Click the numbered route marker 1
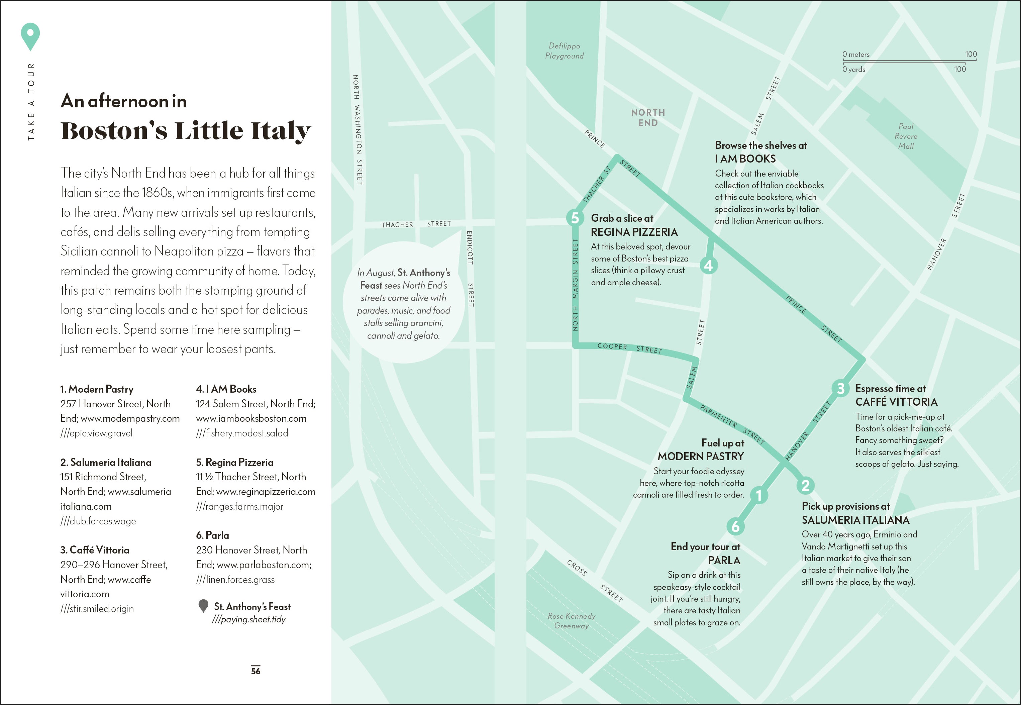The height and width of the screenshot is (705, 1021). click(759, 495)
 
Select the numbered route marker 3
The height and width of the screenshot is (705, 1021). click(840, 388)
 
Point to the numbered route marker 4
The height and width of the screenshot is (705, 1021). click(709, 266)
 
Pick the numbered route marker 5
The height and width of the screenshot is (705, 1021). click(575, 218)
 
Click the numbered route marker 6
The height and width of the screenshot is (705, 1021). click(735, 526)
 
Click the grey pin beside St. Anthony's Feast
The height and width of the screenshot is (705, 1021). click(203, 606)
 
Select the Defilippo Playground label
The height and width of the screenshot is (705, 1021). click(565, 51)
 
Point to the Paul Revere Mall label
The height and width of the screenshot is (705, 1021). click(906, 136)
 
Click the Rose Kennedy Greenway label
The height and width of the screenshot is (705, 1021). click(572, 621)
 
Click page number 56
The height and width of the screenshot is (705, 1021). click(256, 671)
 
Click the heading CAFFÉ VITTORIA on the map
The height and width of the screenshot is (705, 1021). click(896, 402)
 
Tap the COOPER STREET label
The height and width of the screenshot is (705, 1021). click(629, 347)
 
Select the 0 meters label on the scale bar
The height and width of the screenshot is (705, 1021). click(855, 54)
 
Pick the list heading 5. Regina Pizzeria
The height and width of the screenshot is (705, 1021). click(234, 463)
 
